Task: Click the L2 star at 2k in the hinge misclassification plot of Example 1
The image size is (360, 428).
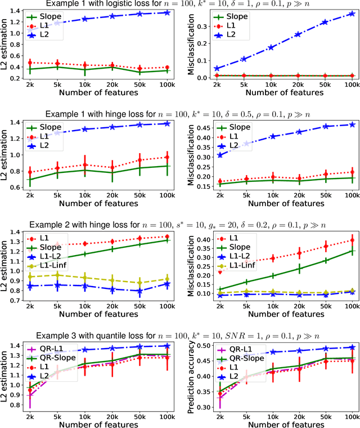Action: tap(219, 155)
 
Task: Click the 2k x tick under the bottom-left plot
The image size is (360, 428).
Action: tap(30, 414)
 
